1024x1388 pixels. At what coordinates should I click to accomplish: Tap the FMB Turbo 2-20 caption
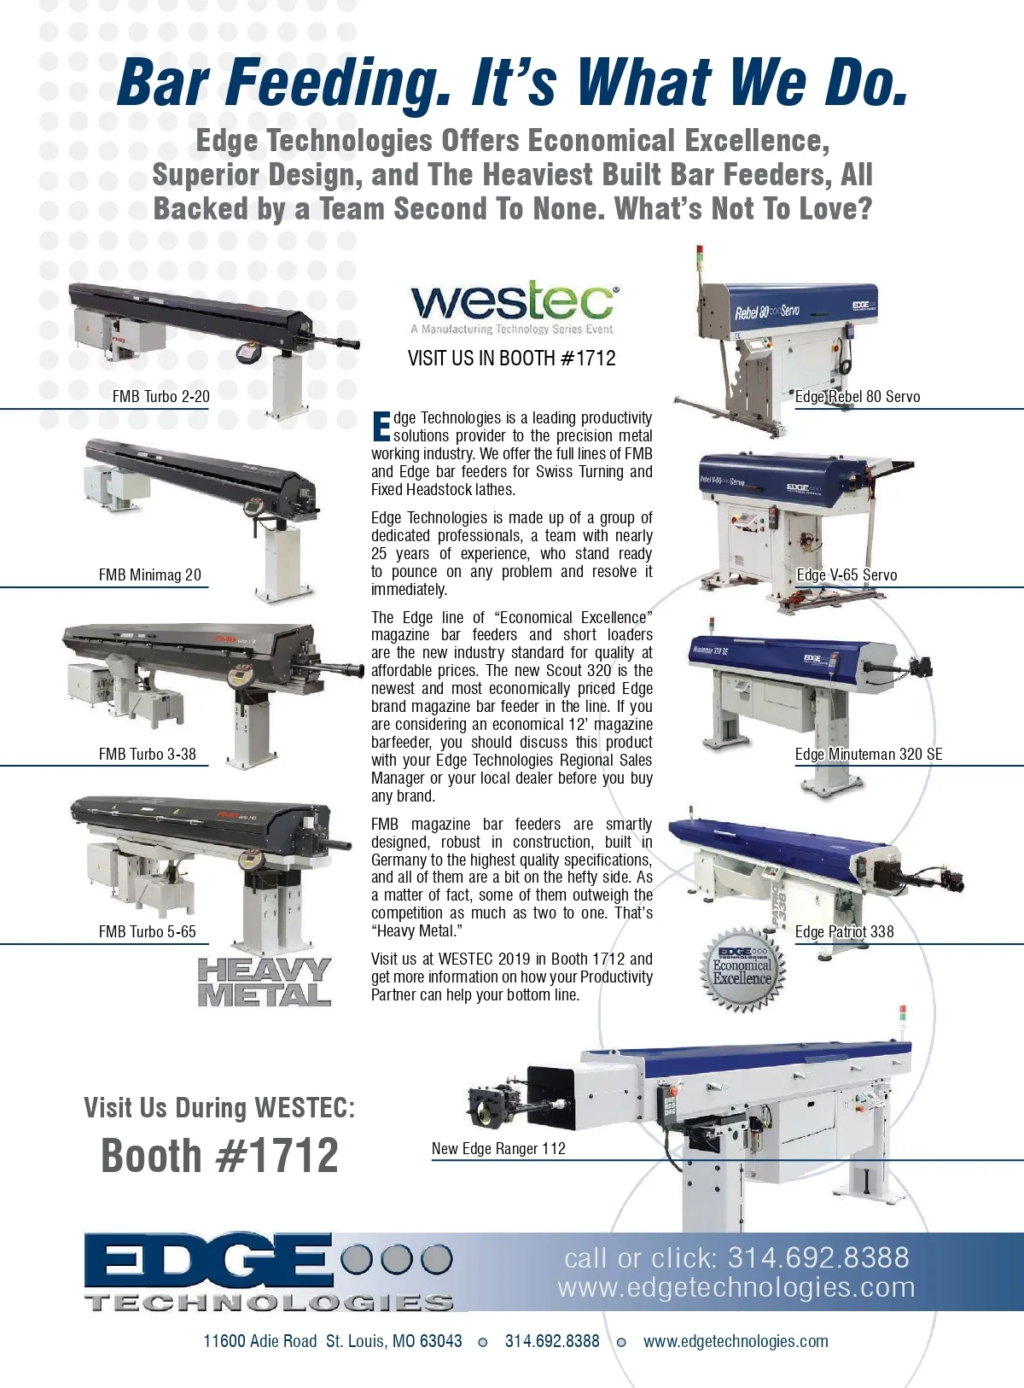(x=160, y=396)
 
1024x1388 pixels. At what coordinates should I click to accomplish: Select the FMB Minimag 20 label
(x=150, y=574)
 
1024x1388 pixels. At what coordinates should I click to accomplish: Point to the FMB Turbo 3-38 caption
(x=148, y=754)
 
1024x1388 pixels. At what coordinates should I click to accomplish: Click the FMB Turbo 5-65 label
(x=148, y=931)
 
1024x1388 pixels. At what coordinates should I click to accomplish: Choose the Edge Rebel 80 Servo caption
(x=858, y=396)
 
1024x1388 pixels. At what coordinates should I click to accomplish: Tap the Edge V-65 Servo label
(x=847, y=574)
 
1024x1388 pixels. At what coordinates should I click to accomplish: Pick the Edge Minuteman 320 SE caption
(x=869, y=754)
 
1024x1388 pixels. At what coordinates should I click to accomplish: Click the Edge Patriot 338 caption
(x=845, y=931)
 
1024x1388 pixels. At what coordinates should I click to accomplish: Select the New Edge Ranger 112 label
(x=498, y=1148)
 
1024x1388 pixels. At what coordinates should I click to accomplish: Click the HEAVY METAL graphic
(x=264, y=982)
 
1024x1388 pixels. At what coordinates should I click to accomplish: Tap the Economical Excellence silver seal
(x=742, y=970)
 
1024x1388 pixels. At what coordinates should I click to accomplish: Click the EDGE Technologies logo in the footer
(x=269, y=1270)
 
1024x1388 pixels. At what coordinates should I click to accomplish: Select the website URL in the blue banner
(x=736, y=1287)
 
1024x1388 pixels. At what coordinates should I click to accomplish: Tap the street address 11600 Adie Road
(x=260, y=1341)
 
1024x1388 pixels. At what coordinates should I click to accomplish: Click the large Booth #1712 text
(x=219, y=1155)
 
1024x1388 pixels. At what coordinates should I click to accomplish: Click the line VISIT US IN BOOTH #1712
(x=512, y=358)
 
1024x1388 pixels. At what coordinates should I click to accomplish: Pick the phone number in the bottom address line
(x=552, y=1341)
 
